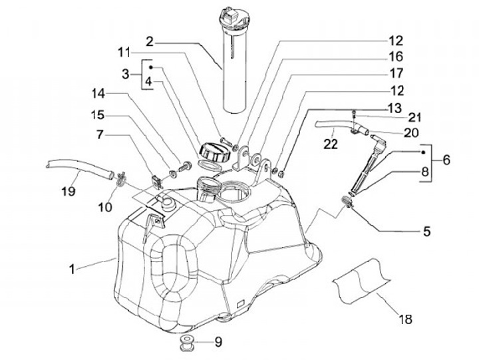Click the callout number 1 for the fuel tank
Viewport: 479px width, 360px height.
72,270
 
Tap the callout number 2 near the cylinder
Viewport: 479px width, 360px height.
150,41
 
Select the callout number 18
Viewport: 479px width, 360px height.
406,319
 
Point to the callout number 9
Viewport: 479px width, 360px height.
218,342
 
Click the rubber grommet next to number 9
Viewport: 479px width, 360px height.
188,343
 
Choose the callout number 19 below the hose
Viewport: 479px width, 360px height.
68,192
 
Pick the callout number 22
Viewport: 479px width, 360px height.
331,144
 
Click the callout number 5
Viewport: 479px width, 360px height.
426,232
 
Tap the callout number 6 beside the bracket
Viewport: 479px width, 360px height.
446,160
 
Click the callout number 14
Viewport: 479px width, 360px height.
98,94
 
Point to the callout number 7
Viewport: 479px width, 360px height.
100,134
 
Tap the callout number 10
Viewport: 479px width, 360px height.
105,207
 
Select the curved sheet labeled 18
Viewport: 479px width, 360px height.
362,281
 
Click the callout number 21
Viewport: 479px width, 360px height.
414,117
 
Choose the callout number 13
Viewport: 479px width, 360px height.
395,108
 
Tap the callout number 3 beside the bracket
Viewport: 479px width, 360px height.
125,74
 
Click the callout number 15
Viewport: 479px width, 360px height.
98,115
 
